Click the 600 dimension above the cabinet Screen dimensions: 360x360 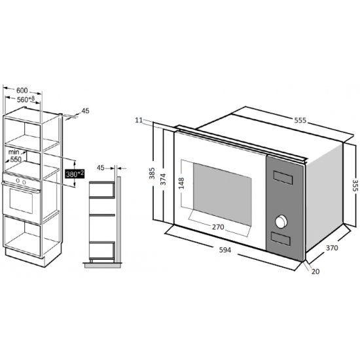[x=22, y=90]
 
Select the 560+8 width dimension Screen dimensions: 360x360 [x=26, y=99]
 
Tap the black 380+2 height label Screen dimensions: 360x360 [x=75, y=174]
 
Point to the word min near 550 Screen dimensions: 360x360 [x=14, y=152]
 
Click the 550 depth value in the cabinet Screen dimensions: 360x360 [x=16, y=159]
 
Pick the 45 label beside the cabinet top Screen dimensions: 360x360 [x=85, y=111]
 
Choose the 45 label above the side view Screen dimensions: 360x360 [x=100, y=168]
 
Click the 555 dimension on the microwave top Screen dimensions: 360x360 [x=300, y=120]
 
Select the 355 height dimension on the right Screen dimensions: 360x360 [x=355, y=185]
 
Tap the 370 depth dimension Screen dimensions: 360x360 [x=332, y=248]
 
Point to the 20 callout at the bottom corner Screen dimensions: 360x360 [x=315, y=272]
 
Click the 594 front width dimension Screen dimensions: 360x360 [x=225, y=250]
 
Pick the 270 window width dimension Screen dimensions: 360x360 [x=218, y=227]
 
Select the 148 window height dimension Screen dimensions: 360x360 [x=181, y=183]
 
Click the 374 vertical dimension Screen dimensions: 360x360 [x=163, y=179]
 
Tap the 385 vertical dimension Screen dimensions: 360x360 [x=152, y=173]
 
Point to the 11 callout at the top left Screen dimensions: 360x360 [x=139, y=120]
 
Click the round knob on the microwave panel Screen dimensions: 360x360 [x=281, y=222]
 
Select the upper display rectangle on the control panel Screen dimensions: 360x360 [x=283, y=177]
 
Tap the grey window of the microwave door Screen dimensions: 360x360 [x=223, y=194]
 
